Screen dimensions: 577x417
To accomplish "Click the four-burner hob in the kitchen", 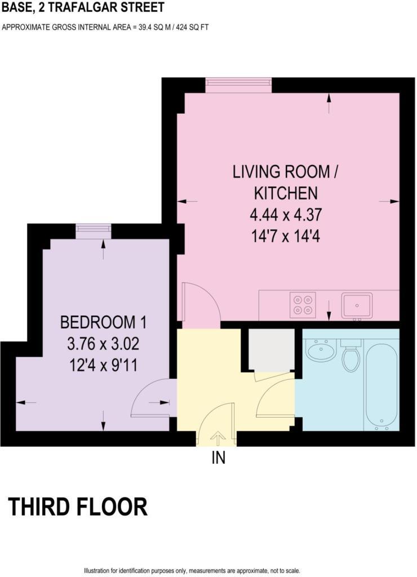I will (303, 304).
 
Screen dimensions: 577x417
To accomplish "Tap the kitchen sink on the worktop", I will (357, 305).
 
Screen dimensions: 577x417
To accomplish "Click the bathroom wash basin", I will (320, 350).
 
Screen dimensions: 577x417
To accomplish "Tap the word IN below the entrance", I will (219, 458).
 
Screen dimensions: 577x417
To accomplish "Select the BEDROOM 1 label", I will (103, 323).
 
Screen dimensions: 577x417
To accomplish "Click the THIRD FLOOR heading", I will (78, 507).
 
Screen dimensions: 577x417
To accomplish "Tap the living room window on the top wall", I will (238, 84).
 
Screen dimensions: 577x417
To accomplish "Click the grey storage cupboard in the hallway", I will (271, 350).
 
